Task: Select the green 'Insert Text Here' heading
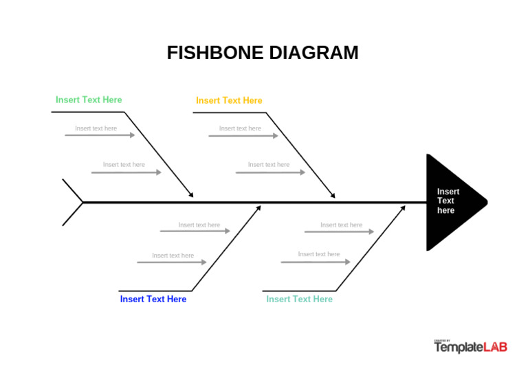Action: [89, 100]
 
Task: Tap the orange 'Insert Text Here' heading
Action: [229, 100]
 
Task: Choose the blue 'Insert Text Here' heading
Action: [153, 299]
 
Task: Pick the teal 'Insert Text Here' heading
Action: [299, 299]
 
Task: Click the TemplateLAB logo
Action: [470, 347]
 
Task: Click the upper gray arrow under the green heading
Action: [100, 135]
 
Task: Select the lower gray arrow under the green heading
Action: [126, 172]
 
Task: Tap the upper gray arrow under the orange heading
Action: [243, 136]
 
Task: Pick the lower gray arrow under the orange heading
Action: [269, 172]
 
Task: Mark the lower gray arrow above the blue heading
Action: [171, 262]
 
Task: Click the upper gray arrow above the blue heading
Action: [195, 231]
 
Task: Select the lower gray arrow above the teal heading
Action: [315, 262]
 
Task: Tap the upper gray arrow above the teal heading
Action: [339, 232]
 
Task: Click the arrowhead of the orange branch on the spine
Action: [333, 196]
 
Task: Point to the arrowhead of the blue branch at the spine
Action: [258, 208]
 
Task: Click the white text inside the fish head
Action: [448, 201]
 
